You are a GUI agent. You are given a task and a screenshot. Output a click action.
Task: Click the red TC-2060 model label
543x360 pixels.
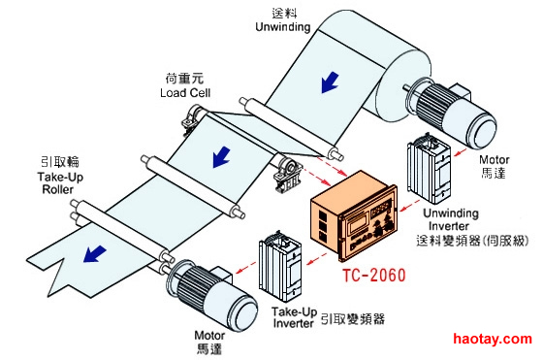tap(373, 276)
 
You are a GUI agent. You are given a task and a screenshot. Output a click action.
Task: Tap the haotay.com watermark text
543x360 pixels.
tap(493, 339)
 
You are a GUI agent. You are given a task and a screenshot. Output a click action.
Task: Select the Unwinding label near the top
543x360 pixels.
tap(282, 26)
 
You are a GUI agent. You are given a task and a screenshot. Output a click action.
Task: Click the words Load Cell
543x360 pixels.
tap(185, 93)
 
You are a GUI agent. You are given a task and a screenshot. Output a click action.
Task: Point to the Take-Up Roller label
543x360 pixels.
tap(60, 183)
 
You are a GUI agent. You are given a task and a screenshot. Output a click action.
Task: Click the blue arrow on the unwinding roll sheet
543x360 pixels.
tap(330, 82)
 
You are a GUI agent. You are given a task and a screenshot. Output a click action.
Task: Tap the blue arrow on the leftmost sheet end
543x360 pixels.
tap(94, 254)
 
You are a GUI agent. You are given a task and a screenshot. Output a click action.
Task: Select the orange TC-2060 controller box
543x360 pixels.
tap(353, 214)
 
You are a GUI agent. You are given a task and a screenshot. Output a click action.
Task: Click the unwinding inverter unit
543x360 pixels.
tap(429, 168)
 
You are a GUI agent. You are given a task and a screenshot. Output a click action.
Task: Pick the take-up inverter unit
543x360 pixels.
tap(280, 266)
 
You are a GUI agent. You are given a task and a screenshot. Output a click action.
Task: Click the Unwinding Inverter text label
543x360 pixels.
tap(451, 219)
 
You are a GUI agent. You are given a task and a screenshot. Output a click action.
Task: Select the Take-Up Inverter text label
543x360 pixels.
tap(295, 317)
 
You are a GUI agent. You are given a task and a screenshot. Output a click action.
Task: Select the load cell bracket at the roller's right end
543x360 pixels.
tap(287, 175)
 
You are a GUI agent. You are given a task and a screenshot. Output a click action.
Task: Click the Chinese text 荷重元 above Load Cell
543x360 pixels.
tap(184, 79)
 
